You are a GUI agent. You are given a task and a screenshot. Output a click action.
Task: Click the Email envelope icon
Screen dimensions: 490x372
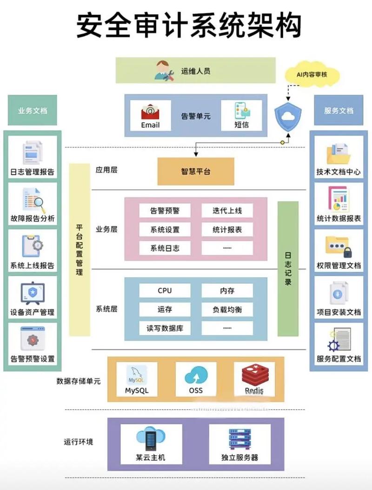(150, 112)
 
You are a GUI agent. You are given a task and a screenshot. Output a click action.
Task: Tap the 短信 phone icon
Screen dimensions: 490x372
(241, 111)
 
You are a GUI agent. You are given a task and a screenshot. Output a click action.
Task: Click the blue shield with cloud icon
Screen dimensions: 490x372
(288, 116)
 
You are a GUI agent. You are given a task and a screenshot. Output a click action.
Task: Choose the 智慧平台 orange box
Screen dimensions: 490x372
(196, 171)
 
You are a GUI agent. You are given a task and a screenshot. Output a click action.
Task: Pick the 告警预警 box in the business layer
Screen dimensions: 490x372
(165, 210)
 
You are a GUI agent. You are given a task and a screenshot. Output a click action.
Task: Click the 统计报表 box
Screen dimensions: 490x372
(227, 229)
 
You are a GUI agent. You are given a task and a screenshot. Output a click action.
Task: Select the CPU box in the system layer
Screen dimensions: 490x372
(165, 291)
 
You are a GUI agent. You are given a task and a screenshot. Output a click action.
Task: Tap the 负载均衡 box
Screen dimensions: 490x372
(227, 309)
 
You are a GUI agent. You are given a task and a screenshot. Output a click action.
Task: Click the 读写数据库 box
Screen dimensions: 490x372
(165, 328)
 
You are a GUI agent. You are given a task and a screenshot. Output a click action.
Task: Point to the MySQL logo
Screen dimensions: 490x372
(137, 375)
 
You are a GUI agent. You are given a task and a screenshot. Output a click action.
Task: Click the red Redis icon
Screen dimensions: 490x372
(254, 375)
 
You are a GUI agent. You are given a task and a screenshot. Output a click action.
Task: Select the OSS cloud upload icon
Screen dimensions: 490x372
(196, 375)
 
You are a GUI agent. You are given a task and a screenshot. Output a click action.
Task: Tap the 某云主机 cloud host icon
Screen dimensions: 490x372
(151, 438)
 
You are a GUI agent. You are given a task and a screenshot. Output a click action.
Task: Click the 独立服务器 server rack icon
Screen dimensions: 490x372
(239, 438)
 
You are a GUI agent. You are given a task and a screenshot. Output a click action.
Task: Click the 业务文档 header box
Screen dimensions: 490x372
(33, 111)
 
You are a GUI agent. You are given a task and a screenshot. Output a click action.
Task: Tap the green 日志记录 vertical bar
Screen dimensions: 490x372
(288, 268)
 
